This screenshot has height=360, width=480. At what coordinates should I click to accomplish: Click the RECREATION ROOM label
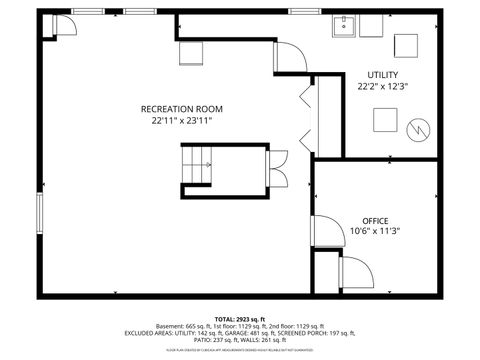(182, 108)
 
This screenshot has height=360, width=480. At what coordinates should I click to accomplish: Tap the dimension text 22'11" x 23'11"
(182, 120)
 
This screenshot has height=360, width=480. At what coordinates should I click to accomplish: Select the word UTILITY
(382, 75)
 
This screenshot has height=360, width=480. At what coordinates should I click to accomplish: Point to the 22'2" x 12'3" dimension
(382, 87)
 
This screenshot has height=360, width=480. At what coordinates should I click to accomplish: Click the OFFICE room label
(375, 220)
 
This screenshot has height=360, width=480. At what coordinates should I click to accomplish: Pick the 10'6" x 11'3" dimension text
(375, 232)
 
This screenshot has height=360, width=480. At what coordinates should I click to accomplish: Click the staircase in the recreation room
(196, 163)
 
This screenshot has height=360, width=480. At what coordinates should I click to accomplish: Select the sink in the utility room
(345, 24)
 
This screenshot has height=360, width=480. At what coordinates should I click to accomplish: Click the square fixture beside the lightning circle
(385, 120)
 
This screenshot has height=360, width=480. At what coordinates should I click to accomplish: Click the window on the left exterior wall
(41, 213)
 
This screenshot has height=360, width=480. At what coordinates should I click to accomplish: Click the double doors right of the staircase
(277, 164)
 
